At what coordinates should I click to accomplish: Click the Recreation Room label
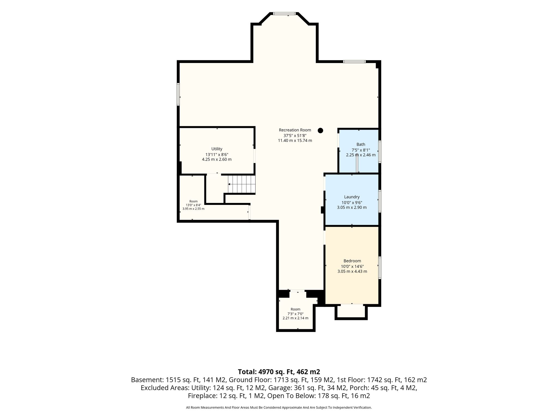(x=295, y=130)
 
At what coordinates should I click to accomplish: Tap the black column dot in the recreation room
(x=320, y=130)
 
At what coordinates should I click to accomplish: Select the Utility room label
(x=217, y=149)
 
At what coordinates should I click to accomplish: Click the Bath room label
(x=361, y=145)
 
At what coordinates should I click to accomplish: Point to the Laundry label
(x=352, y=197)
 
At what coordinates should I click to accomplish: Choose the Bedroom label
(x=352, y=261)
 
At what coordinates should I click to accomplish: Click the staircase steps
(x=242, y=184)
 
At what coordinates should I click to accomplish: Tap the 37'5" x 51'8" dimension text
(x=295, y=135)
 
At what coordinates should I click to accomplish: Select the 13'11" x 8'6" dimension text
(x=217, y=154)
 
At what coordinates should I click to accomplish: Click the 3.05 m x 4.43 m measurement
(x=352, y=271)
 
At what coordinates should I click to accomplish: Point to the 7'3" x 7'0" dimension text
(x=295, y=314)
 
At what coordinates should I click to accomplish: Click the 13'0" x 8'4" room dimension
(x=193, y=205)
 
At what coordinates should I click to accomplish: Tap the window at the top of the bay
(x=284, y=13)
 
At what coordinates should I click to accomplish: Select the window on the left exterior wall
(x=178, y=94)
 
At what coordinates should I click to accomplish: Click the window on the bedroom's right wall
(x=380, y=268)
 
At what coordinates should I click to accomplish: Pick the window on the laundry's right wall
(x=380, y=201)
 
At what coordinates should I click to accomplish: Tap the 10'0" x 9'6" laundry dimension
(x=352, y=203)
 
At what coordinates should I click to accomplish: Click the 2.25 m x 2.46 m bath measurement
(x=361, y=155)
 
